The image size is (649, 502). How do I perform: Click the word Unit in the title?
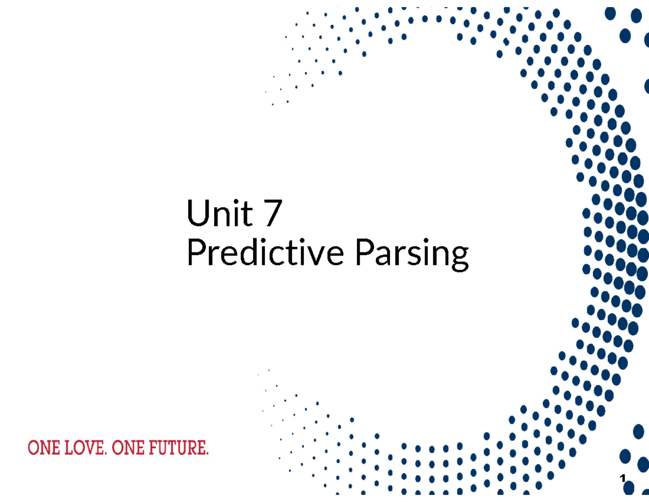coord(220,213)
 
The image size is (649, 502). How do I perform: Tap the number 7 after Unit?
coord(272,213)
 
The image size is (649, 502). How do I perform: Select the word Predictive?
coord(264,253)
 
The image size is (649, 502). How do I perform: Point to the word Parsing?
coord(412,255)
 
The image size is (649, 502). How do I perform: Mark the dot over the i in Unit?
coord(235,201)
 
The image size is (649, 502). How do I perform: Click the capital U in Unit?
coord(196,213)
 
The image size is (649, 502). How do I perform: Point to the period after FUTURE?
coord(207,454)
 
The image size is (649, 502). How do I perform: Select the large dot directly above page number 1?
coord(625,457)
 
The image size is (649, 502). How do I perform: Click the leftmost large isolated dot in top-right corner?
coord(611,14)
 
